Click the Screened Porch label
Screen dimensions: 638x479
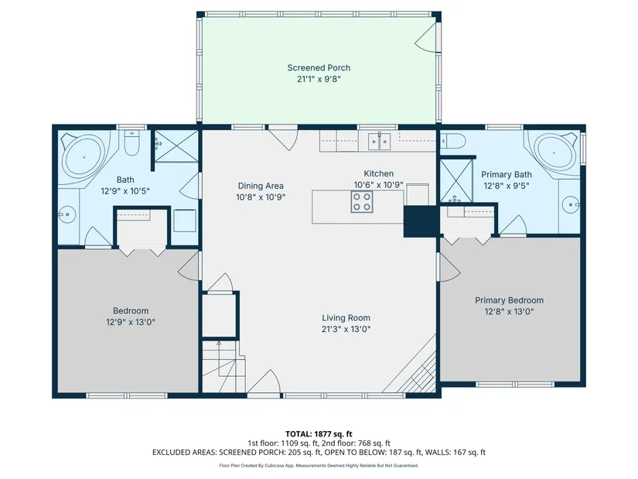(319, 67)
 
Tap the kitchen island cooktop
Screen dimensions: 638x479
(362, 202)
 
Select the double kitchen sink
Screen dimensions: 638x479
(379, 142)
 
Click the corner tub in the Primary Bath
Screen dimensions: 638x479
(554, 153)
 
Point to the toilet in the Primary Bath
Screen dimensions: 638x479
(452, 141)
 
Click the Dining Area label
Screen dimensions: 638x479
(261, 186)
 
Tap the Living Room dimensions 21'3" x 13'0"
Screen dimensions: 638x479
(346, 329)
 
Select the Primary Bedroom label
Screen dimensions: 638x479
(509, 300)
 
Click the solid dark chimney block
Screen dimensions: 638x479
(421, 221)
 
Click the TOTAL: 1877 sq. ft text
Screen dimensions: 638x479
(319, 434)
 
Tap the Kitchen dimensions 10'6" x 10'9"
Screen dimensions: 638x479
(378, 185)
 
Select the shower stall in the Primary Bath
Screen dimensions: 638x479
(456, 181)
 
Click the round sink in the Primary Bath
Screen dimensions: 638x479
(571, 204)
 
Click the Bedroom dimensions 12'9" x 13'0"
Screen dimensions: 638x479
(131, 322)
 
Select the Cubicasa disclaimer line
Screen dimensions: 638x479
(319, 466)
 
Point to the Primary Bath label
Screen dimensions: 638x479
(507, 174)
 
